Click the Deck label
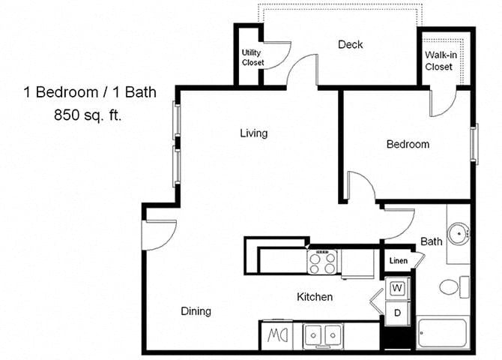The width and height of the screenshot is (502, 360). (x=350, y=44)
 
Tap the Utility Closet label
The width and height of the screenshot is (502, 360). (x=252, y=58)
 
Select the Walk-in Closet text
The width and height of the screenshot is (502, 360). (x=438, y=61)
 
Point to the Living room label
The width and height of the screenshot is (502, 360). (x=253, y=133)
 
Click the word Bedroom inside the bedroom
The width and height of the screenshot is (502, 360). (x=408, y=144)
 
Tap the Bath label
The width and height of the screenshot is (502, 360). (x=431, y=241)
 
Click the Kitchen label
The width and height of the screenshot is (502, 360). (x=315, y=297)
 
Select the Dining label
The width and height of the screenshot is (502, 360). (x=196, y=311)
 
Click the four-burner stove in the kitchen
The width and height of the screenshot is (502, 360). (x=323, y=262)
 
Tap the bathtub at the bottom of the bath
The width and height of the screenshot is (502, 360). (x=444, y=333)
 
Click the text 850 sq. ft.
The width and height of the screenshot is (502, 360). (x=87, y=115)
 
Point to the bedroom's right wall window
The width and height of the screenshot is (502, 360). (x=474, y=143)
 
